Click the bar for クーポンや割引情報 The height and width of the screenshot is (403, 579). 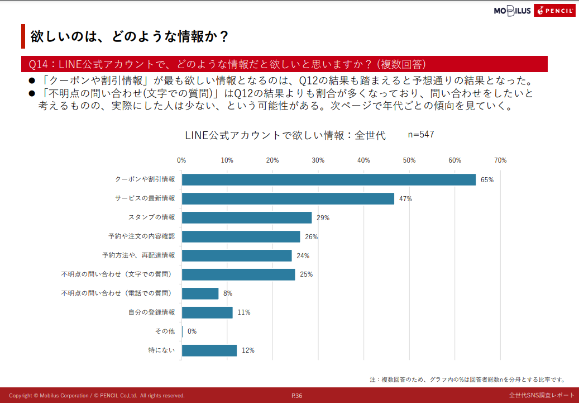pos(328,179)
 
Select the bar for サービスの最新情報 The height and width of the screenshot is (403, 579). pos(288,198)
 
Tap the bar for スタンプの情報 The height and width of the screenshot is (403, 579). pos(246,217)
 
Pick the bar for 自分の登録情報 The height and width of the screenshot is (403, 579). pos(207,312)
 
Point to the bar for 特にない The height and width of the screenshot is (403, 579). pos(209,350)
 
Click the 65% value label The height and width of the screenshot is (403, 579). pos(487,180)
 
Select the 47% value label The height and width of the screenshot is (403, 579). pos(405,199)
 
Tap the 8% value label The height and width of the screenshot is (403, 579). pos(227,293)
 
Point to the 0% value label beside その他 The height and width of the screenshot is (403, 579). pos(192,331)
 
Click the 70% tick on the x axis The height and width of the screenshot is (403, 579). pos(500,160)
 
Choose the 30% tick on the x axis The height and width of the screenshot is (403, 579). pos(318,160)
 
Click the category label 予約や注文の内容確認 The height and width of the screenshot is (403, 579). pos(141,236)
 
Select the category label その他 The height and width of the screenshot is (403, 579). pos(165,331)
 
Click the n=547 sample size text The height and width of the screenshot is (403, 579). pos(421,135)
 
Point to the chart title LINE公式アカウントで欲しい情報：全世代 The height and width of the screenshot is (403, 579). pos(285,136)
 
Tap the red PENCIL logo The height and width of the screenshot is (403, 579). pos(554,11)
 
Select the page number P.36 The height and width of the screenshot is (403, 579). pos(296,396)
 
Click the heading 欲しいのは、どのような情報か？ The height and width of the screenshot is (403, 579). pos(130,36)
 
